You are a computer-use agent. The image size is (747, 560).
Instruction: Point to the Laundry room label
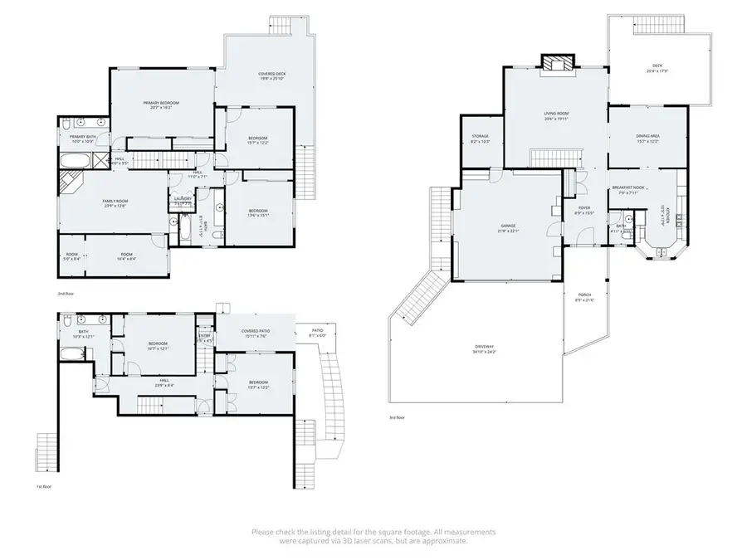[x=183, y=199]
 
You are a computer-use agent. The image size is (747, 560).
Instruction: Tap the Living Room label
[x=556, y=117]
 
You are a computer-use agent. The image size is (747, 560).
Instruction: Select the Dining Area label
[x=647, y=138]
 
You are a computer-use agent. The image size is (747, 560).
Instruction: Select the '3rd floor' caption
[x=398, y=417]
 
